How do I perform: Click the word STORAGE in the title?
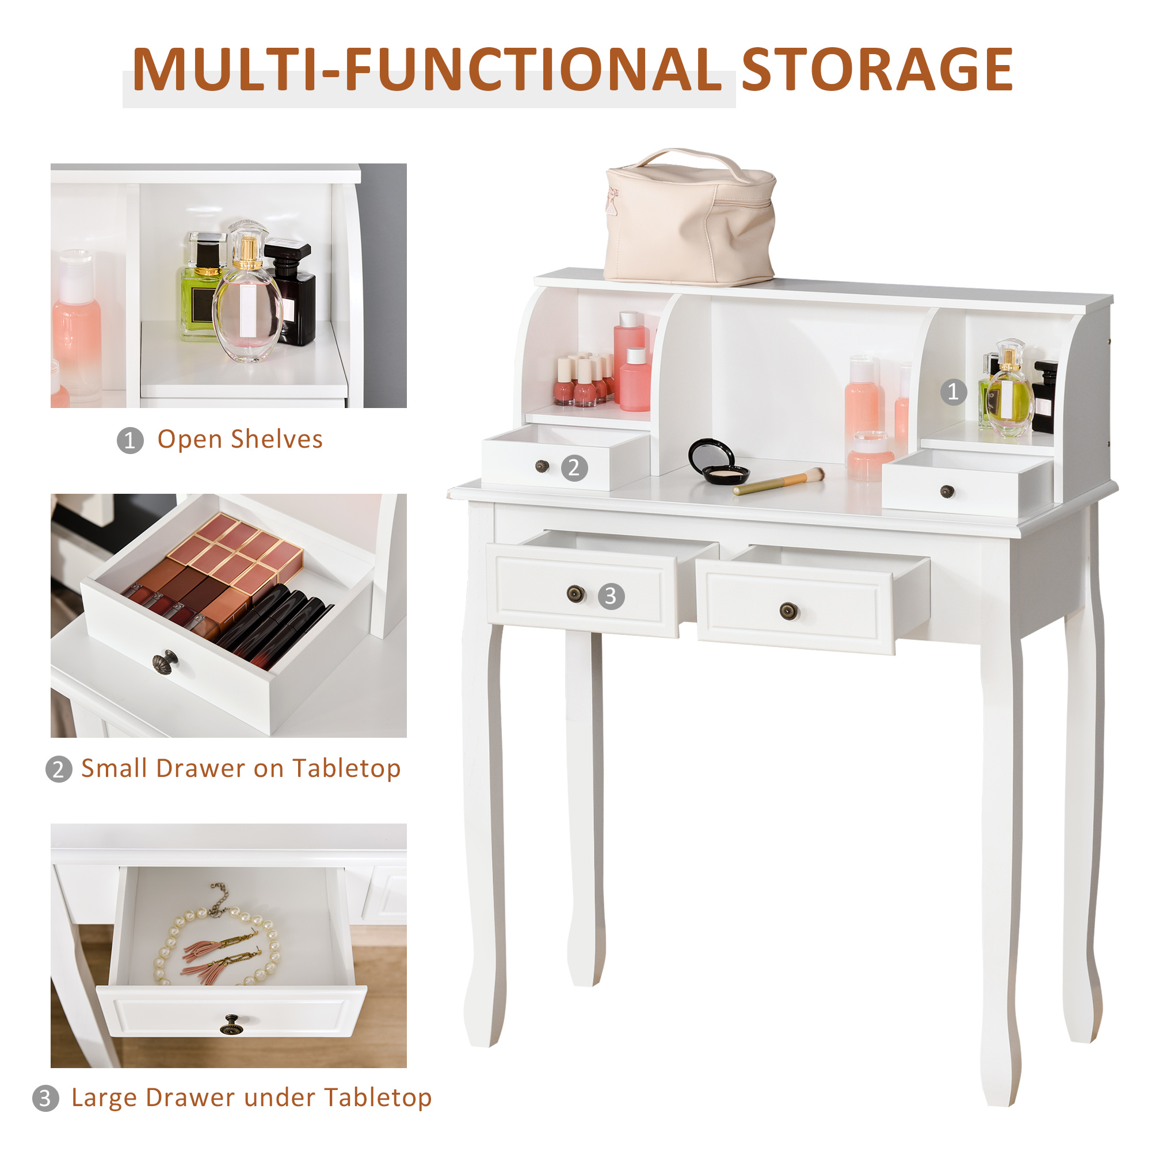coord(877,70)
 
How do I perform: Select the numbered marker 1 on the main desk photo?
coord(953,391)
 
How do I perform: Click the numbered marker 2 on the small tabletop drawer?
coord(574,468)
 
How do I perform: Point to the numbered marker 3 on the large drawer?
coord(611,596)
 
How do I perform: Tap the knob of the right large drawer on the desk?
coord(788,610)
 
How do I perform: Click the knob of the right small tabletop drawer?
coord(947,491)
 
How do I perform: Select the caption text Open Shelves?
coord(239,440)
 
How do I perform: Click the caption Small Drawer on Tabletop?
coord(241,768)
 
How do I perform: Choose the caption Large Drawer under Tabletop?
coord(251,1097)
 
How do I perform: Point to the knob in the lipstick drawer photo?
coord(166,661)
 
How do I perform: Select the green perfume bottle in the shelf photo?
coord(200,292)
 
